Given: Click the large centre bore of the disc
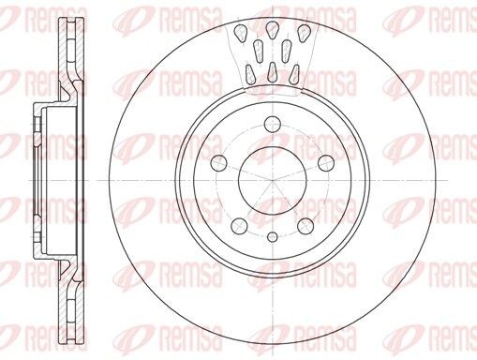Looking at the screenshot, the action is click(273, 181).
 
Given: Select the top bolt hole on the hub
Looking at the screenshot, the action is click(273, 124).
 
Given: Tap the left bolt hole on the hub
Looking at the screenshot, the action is click(219, 163).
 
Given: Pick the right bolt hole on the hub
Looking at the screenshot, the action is click(326, 163).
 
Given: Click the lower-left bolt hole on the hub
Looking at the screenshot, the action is click(240, 226).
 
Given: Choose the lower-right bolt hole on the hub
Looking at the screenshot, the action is click(306, 226).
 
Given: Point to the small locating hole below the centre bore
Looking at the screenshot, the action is click(273, 237).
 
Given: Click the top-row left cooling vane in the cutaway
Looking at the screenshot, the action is click(241, 34).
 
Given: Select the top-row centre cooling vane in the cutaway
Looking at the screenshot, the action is click(273, 30).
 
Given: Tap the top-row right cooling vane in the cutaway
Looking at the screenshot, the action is click(304, 34).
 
